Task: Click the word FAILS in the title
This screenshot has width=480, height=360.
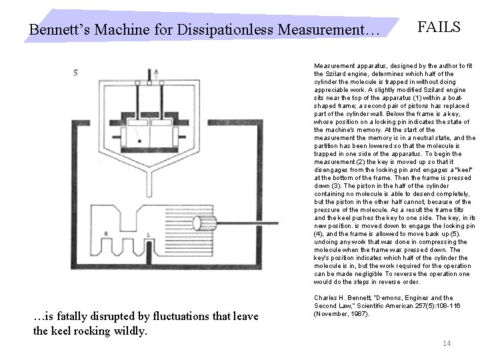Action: tap(439, 27)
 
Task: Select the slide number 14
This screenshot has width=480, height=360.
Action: tap(447, 343)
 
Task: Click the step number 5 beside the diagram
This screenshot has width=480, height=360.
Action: tap(76, 72)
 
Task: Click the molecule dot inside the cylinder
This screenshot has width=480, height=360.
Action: tap(139, 141)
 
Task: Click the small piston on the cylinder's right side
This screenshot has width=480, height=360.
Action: tap(176, 137)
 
